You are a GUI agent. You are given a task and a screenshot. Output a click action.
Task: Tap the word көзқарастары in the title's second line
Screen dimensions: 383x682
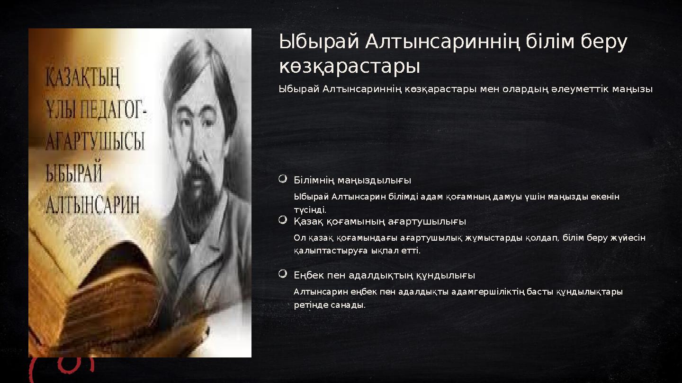350,67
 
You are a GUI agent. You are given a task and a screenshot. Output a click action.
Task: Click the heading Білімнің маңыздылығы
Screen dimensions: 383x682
352,180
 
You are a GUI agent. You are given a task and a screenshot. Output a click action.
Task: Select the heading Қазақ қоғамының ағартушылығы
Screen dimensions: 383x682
380,221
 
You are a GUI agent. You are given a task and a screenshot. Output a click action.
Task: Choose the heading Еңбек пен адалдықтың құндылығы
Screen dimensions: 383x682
384,275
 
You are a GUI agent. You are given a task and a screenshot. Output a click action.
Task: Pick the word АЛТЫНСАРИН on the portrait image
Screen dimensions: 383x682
92,204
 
